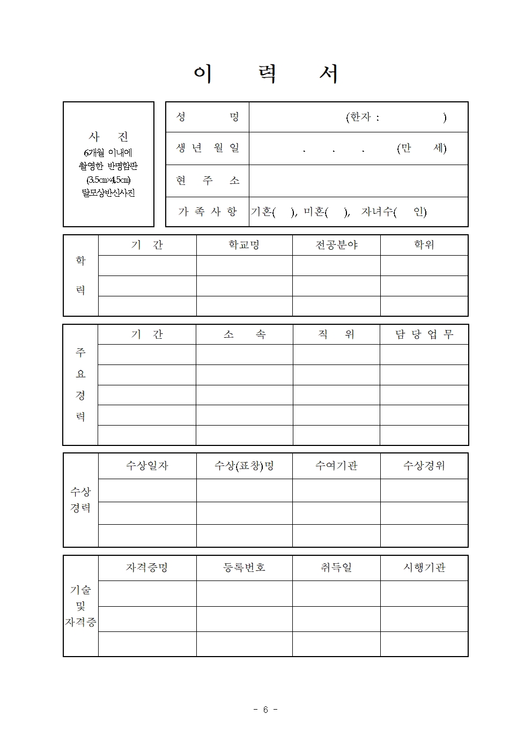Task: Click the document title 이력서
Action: pos(266,74)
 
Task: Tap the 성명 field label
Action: pos(208,117)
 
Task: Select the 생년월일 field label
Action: pos(208,148)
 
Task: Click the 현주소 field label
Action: pos(208,181)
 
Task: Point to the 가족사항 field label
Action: pos(208,212)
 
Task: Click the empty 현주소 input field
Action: pos(358,181)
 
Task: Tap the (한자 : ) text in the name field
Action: pos(396,117)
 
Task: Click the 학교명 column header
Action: pos(244,245)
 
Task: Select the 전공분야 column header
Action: pos(336,245)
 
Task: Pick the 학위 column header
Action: pos(424,245)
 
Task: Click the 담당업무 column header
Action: pos(424,334)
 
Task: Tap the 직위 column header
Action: pos(336,334)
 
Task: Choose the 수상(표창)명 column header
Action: pos(244,466)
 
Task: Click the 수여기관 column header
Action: pos(336,466)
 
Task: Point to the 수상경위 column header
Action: pos(424,466)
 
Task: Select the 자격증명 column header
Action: pos(147,568)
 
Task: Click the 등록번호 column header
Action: pos(244,568)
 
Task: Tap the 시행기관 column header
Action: pos(424,568)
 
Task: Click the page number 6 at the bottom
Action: pos(265,710)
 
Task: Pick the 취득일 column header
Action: pos(336,568)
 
